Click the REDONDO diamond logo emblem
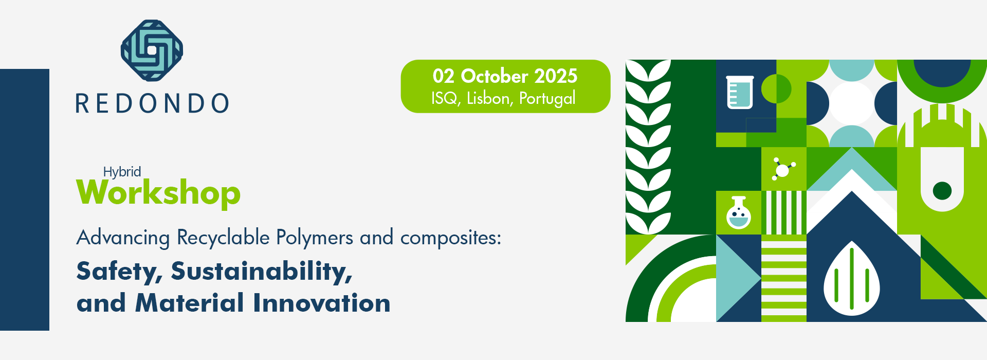(x=152, y=50)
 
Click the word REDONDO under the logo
(x=153, y=103)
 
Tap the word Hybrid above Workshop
(x=122, y=172)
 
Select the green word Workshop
(x=158, y=193)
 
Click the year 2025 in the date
(x=556, y=76)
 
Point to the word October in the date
(x=495, y=76)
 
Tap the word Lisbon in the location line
(x=489, y=98)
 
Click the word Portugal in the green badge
(x=547, y=99)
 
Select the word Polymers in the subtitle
(x=315, y=238)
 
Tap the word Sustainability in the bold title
(x=262, y=271)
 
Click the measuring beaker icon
(x=740, y=92)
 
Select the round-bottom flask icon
(x=739, y=212)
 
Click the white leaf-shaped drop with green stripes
(x=852, y=278)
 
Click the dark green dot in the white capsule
(x=942, y=191)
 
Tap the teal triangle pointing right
(x=738, y=278)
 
